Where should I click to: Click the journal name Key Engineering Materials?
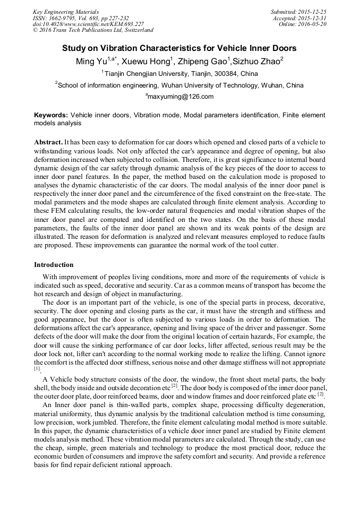tap(65, 12)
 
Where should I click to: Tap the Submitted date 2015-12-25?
tap(312, 12)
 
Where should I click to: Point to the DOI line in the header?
tap(88, 24)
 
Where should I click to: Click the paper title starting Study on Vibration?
tap(179, 48)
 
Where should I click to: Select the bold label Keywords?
tap(51, 115)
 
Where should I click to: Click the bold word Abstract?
tap(48, 143)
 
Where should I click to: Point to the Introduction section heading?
tap(54, 264)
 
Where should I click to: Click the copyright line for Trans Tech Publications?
tap(93, 30)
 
